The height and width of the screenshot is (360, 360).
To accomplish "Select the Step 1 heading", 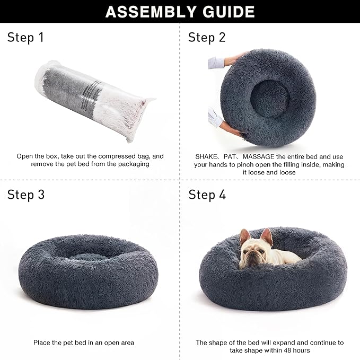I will (x=25, y=37).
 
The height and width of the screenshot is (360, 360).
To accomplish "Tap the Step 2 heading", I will (x=207, y=37).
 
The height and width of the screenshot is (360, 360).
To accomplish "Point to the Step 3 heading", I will (x=25, y=195).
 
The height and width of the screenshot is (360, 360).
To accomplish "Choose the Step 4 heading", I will (x=207, y=195).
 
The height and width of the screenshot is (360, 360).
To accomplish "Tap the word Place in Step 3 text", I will (x=42, y=343).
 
